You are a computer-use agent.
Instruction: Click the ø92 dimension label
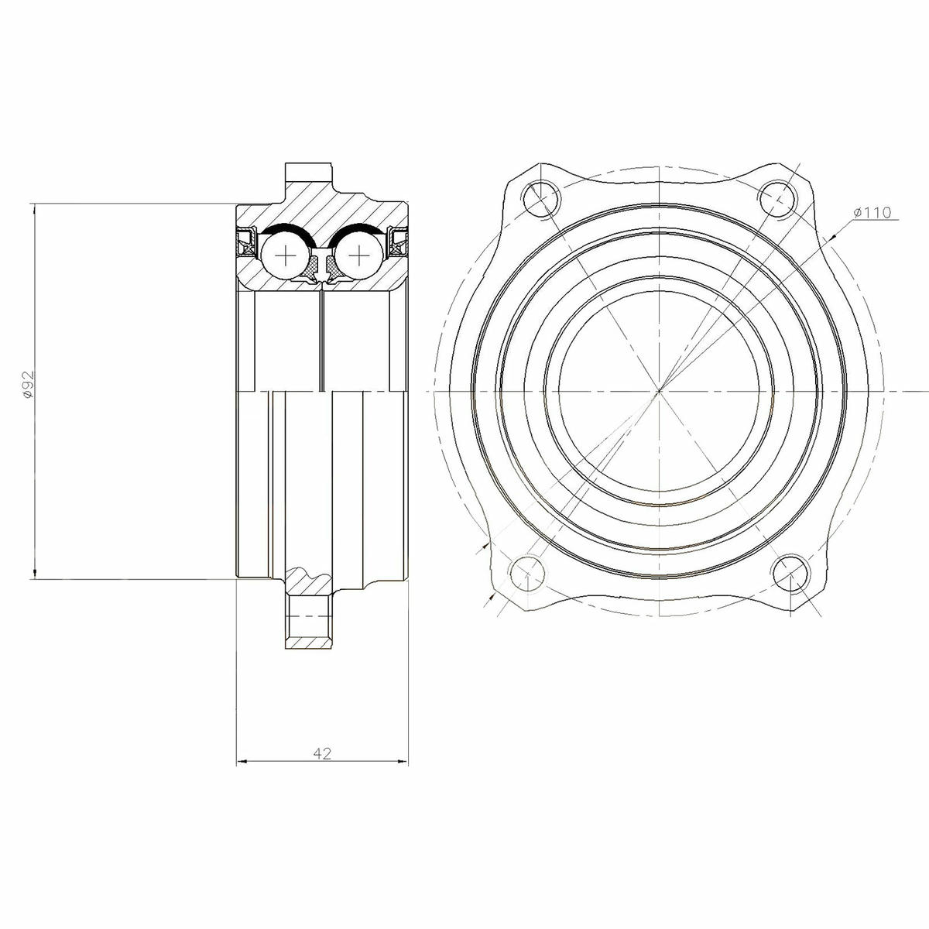(29, 384)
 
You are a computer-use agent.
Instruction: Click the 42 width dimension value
(323, 752)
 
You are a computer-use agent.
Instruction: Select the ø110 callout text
(872, 212)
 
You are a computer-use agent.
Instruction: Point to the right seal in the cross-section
(399, 242)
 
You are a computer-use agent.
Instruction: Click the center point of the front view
(659, 392)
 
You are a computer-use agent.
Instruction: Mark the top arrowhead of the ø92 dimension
(34, 208)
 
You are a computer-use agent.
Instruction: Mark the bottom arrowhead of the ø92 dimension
(34, 574)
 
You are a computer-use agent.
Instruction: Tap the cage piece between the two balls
(323, 267)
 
